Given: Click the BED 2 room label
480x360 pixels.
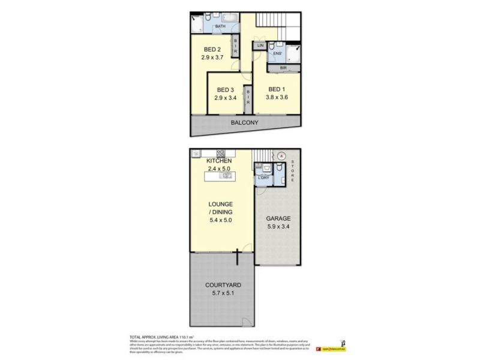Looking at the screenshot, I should [212, 49].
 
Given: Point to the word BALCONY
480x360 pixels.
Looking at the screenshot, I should [245, 123].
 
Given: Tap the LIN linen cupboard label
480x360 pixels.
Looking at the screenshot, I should [260, 46].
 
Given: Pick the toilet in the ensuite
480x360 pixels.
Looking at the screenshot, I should [272, 46].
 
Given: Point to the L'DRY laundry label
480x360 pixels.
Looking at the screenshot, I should [263, 178].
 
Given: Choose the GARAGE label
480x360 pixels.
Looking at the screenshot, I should [278, 219].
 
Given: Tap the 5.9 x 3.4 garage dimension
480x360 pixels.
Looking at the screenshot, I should [278, 228].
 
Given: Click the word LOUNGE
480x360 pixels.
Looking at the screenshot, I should [220, 204].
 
